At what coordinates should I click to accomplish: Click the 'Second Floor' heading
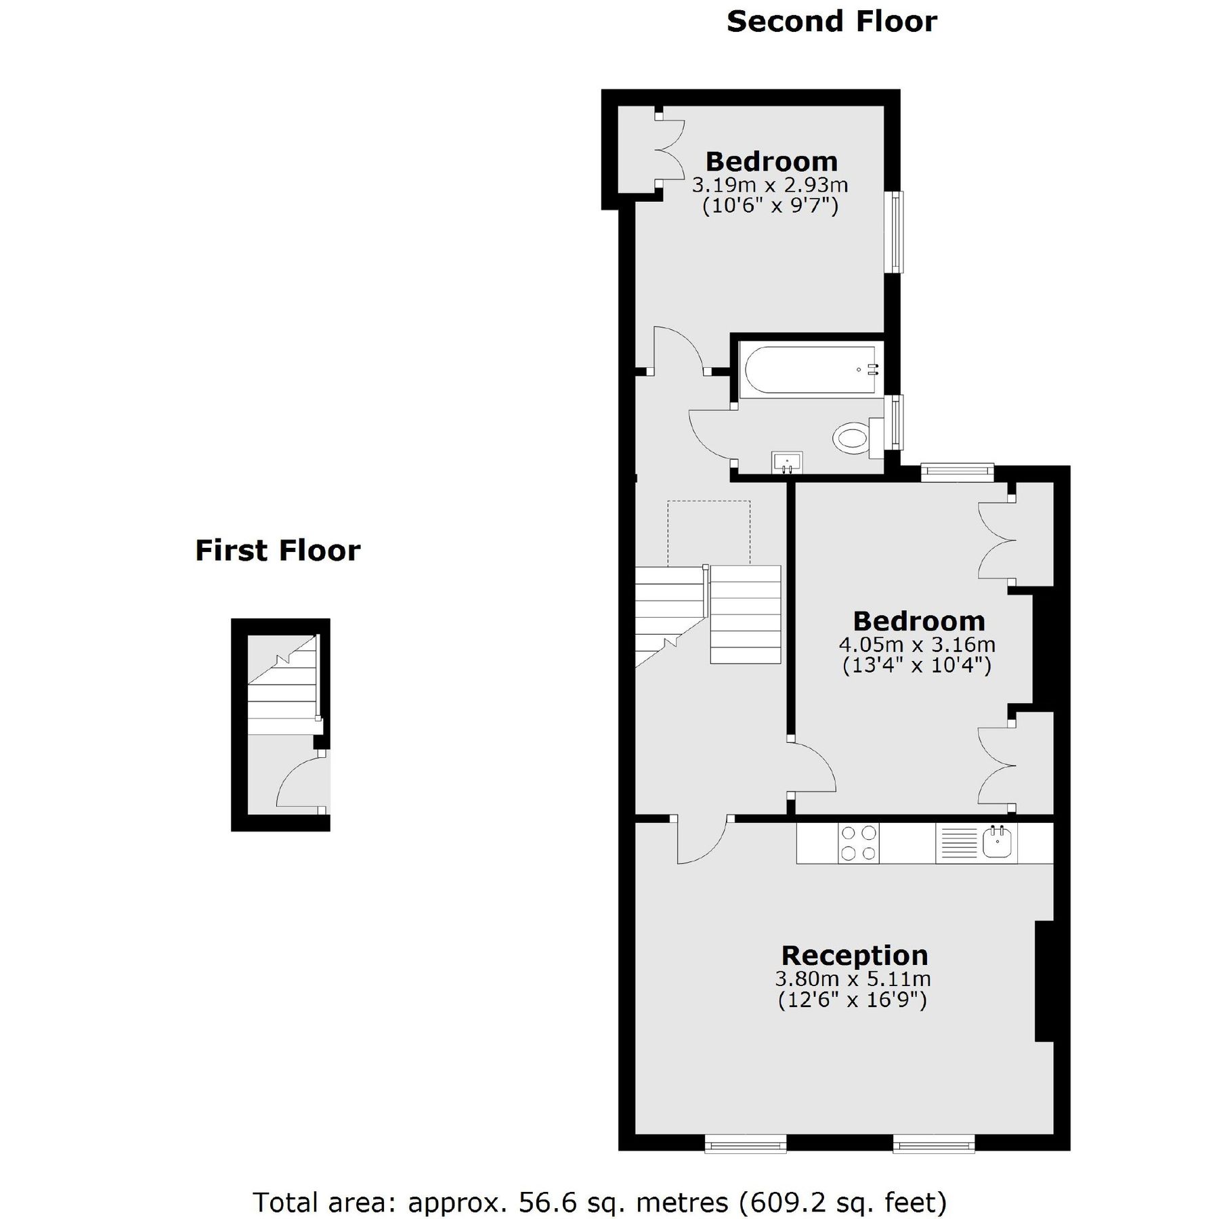tap(832, 22)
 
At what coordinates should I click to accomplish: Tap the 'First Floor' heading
tap(278, 551)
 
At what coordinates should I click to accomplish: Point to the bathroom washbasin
tap(787, 463)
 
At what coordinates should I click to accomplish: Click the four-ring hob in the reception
tap(858, 843)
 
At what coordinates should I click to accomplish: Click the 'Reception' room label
tap(854, 956)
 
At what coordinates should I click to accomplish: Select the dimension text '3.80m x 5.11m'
tap(853, 979)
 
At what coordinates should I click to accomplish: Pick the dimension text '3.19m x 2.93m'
tap(770, 185)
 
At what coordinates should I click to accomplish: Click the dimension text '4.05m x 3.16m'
tap(917, 644)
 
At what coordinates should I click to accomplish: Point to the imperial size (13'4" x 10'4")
tap(917, 666)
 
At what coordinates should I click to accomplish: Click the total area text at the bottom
tap(599, 1184)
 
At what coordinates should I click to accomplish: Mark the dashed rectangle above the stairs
tap(708, 532)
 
